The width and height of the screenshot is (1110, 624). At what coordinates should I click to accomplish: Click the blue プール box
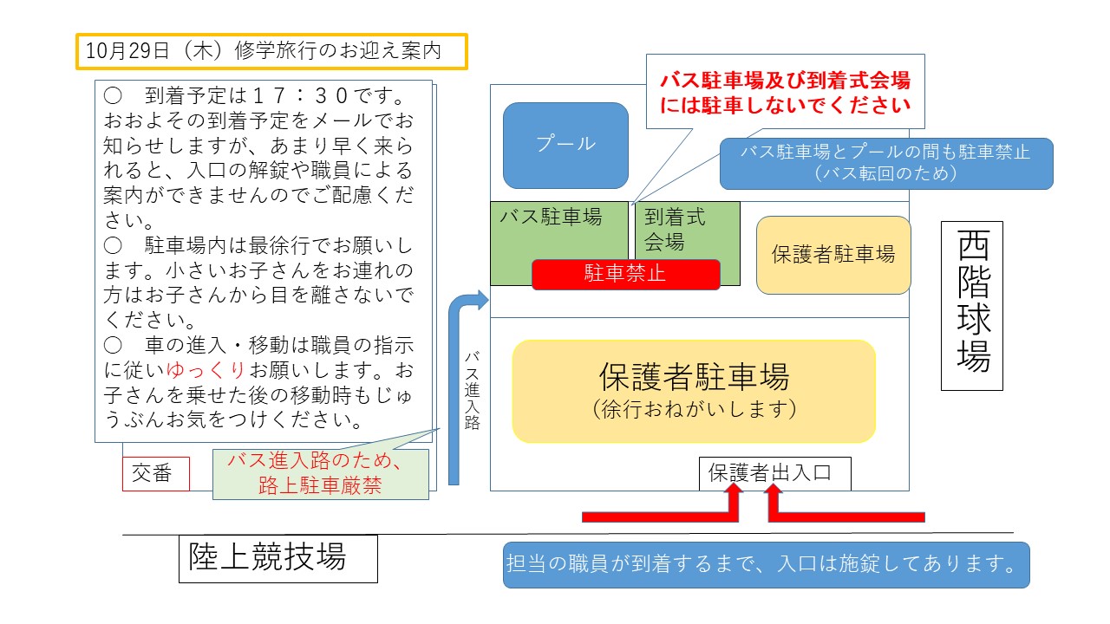[565, 145]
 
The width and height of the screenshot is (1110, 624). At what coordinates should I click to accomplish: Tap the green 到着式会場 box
[688, 230]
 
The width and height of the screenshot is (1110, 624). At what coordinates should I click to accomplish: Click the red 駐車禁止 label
[625, 274]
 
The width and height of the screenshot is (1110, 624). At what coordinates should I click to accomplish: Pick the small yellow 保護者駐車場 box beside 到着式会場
[833, 255]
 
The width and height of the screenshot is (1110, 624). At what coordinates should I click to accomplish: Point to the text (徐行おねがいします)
[694, 410]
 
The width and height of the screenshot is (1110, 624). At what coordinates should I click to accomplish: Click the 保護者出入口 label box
[775, 473]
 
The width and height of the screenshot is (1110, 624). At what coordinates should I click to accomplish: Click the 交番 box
[155, 474]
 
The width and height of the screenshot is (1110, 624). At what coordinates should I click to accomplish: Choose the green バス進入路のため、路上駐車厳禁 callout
[320, 473]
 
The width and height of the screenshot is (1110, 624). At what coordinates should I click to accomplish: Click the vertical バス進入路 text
[472, 390]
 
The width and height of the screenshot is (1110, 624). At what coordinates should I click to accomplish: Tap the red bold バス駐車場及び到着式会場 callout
[785, 92]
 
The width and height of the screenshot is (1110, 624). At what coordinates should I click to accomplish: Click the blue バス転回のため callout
[885, 163]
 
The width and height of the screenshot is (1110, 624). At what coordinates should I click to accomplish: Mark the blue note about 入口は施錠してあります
[766, 565]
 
